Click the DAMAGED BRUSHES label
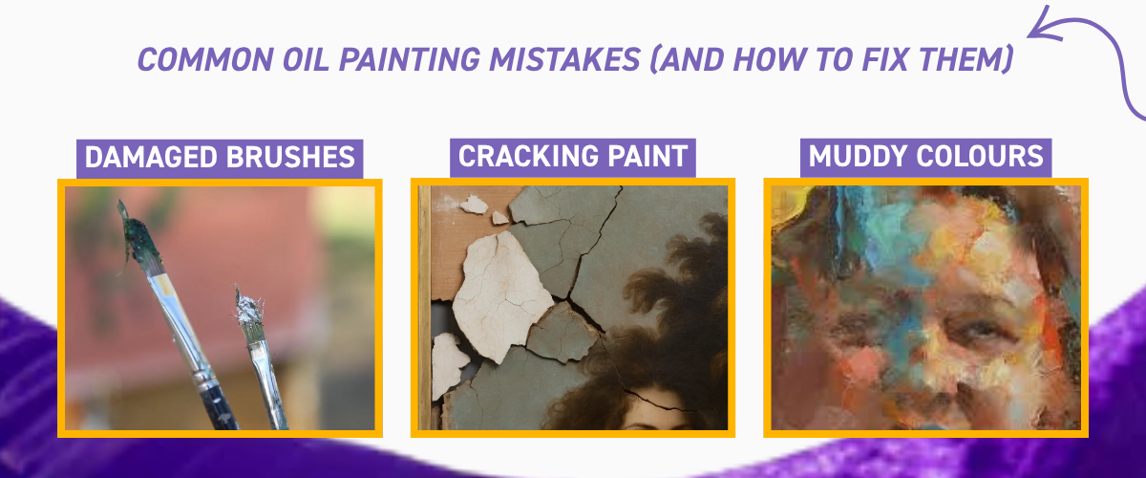coord(220,157)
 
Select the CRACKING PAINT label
coord(573,157)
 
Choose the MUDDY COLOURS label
coord(925,157)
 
